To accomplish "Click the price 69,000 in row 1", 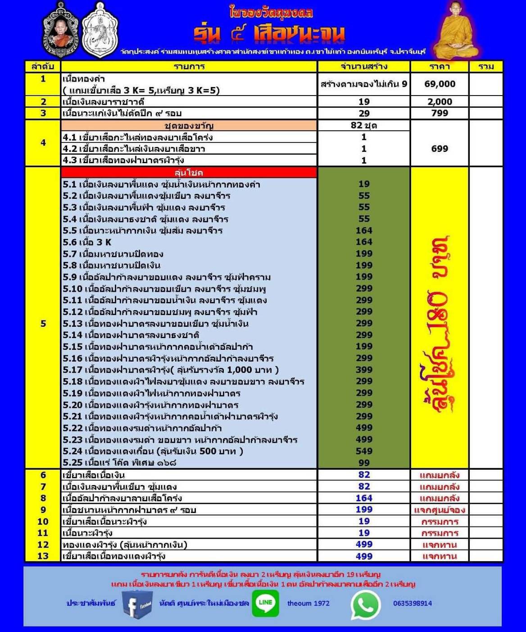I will tap(440, 84).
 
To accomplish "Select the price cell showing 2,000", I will tap(440, 101).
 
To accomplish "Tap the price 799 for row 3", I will tap(440, 113).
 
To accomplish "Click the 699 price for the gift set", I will tap(440, 149).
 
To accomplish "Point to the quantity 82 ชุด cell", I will tap(364, 125).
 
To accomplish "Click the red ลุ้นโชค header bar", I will tap(189, 173).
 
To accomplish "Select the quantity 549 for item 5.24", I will tap(364, 451).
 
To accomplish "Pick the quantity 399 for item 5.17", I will tap(364, 370).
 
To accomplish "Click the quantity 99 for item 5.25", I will tap(364, 463).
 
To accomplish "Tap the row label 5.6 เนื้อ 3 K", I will tap(87, 242).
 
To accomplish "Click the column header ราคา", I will tap(440, 67).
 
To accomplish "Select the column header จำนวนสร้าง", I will tap(364, 67).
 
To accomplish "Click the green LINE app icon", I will tap(265, 603).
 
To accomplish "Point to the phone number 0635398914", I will tap(412, 603).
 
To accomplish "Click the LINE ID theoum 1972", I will tap(308, 603).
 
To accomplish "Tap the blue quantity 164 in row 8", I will tap(364, 498).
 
